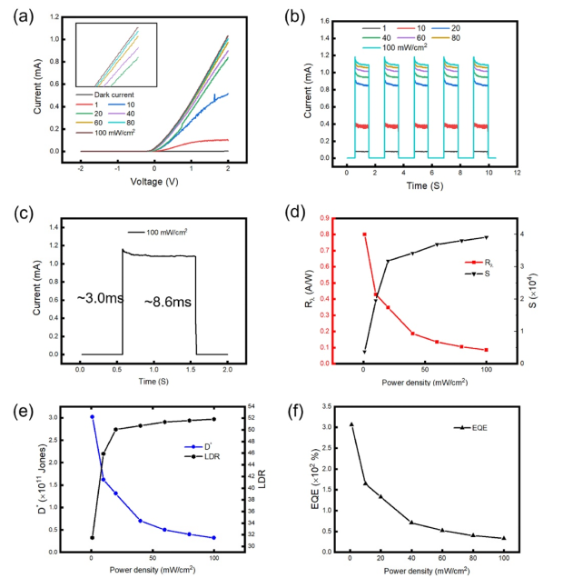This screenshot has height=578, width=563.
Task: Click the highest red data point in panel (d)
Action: click(364, 234)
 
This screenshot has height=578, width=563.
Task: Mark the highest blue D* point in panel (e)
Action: click(92, 417)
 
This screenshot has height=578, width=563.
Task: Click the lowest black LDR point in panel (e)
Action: click(92, 537)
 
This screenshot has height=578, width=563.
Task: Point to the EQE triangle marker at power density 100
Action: click(504, 538)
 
